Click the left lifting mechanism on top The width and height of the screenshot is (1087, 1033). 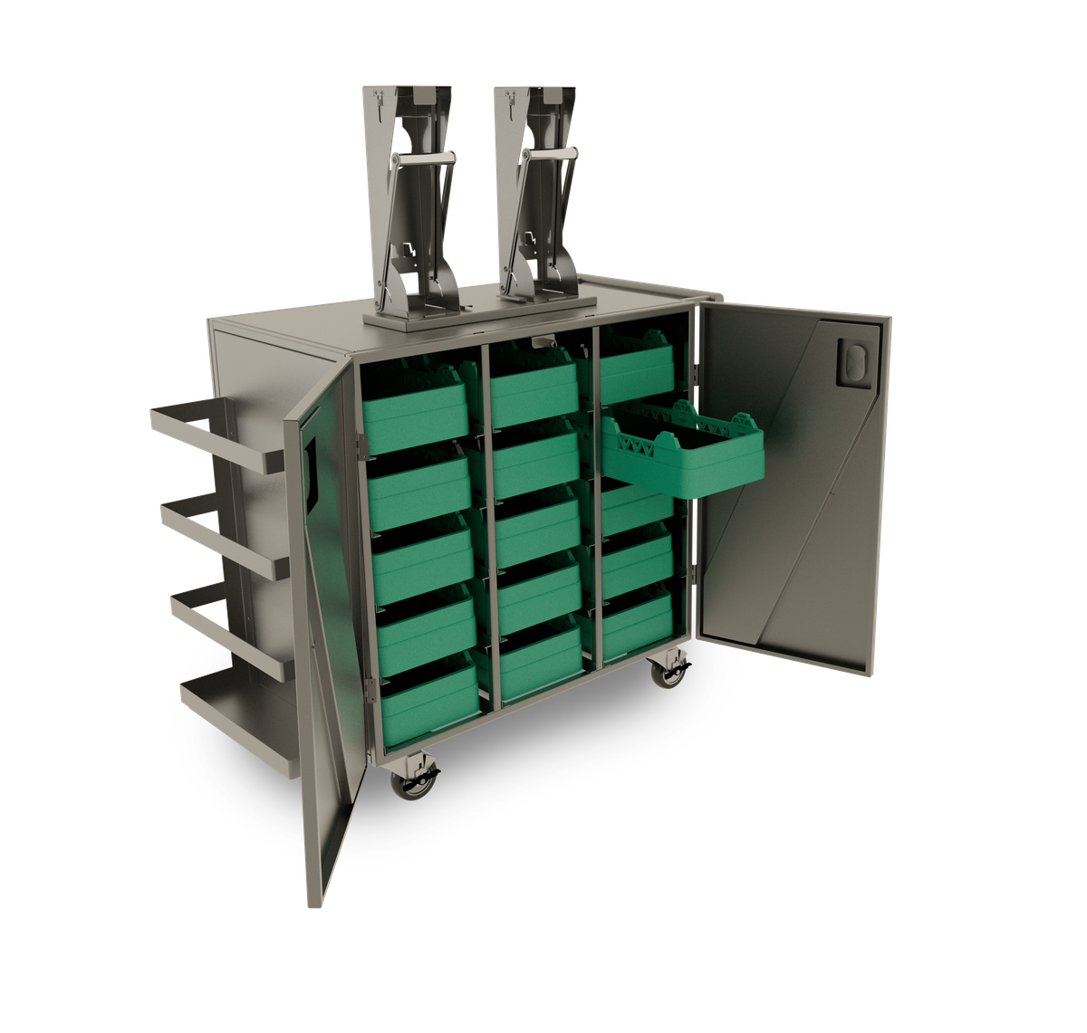point(408,199)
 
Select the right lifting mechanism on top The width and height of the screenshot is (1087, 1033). point(539,199)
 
